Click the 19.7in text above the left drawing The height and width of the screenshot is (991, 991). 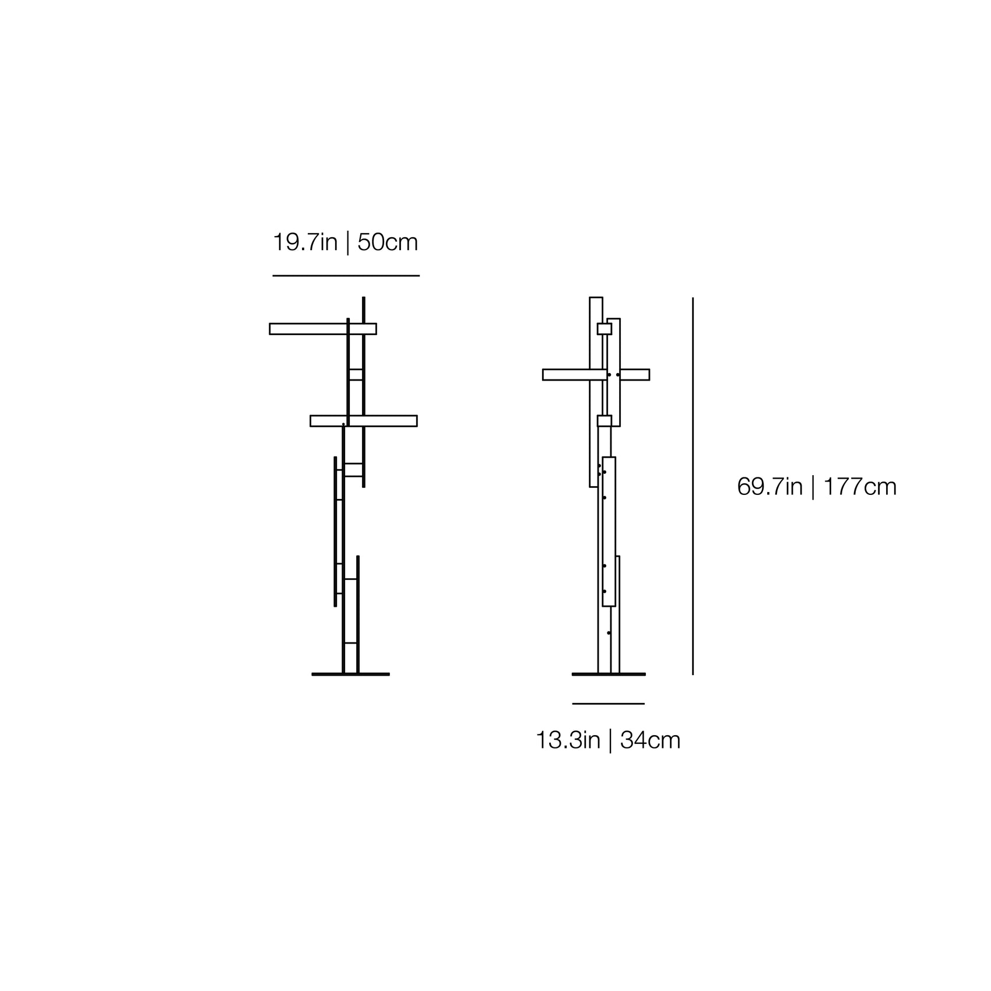click(x=305, y=243)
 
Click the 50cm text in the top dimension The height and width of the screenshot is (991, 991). click(x=388, y=243)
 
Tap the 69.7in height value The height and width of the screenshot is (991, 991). click(x=769, y=487)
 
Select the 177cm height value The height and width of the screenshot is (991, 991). click(x=860, y=487)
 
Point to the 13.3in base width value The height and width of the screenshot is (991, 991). click(x=568, y=741)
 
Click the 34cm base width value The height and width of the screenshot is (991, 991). click(x=650, y=741)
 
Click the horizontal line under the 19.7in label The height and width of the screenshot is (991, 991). click(x=346, y=276)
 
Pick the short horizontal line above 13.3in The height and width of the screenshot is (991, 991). click(x=608, y=704)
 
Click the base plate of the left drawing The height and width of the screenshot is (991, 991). click(x=350, y=674)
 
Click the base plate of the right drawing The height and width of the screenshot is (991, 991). click(x=609, y=674)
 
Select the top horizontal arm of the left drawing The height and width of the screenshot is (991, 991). click(x=309, y=329)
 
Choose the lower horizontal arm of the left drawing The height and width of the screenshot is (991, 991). click(x=385, y=421)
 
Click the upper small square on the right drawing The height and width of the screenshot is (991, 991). click(x=604, y=329)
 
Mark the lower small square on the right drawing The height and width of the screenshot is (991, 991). click(x=604, y=421)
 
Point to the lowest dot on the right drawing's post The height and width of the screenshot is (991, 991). click(x=609, y=632)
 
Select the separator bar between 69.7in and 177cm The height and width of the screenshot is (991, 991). click(x=813, y=487)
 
